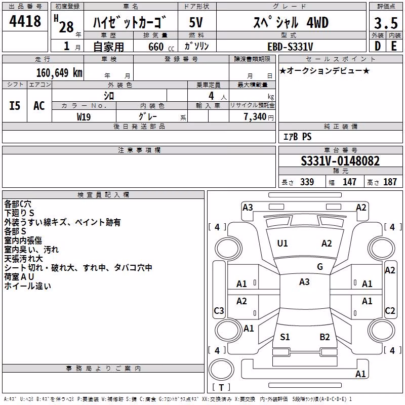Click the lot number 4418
pos(25,21)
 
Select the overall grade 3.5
pos(386,23)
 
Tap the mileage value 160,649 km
pos(59,73)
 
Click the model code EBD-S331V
pos(290,47)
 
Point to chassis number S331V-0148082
pos(340,161)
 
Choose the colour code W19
pos(84,117)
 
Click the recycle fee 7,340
pos(255,117)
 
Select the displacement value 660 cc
pos(161,47)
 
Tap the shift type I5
pos(15,106)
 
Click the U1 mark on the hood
pos(282,244)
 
